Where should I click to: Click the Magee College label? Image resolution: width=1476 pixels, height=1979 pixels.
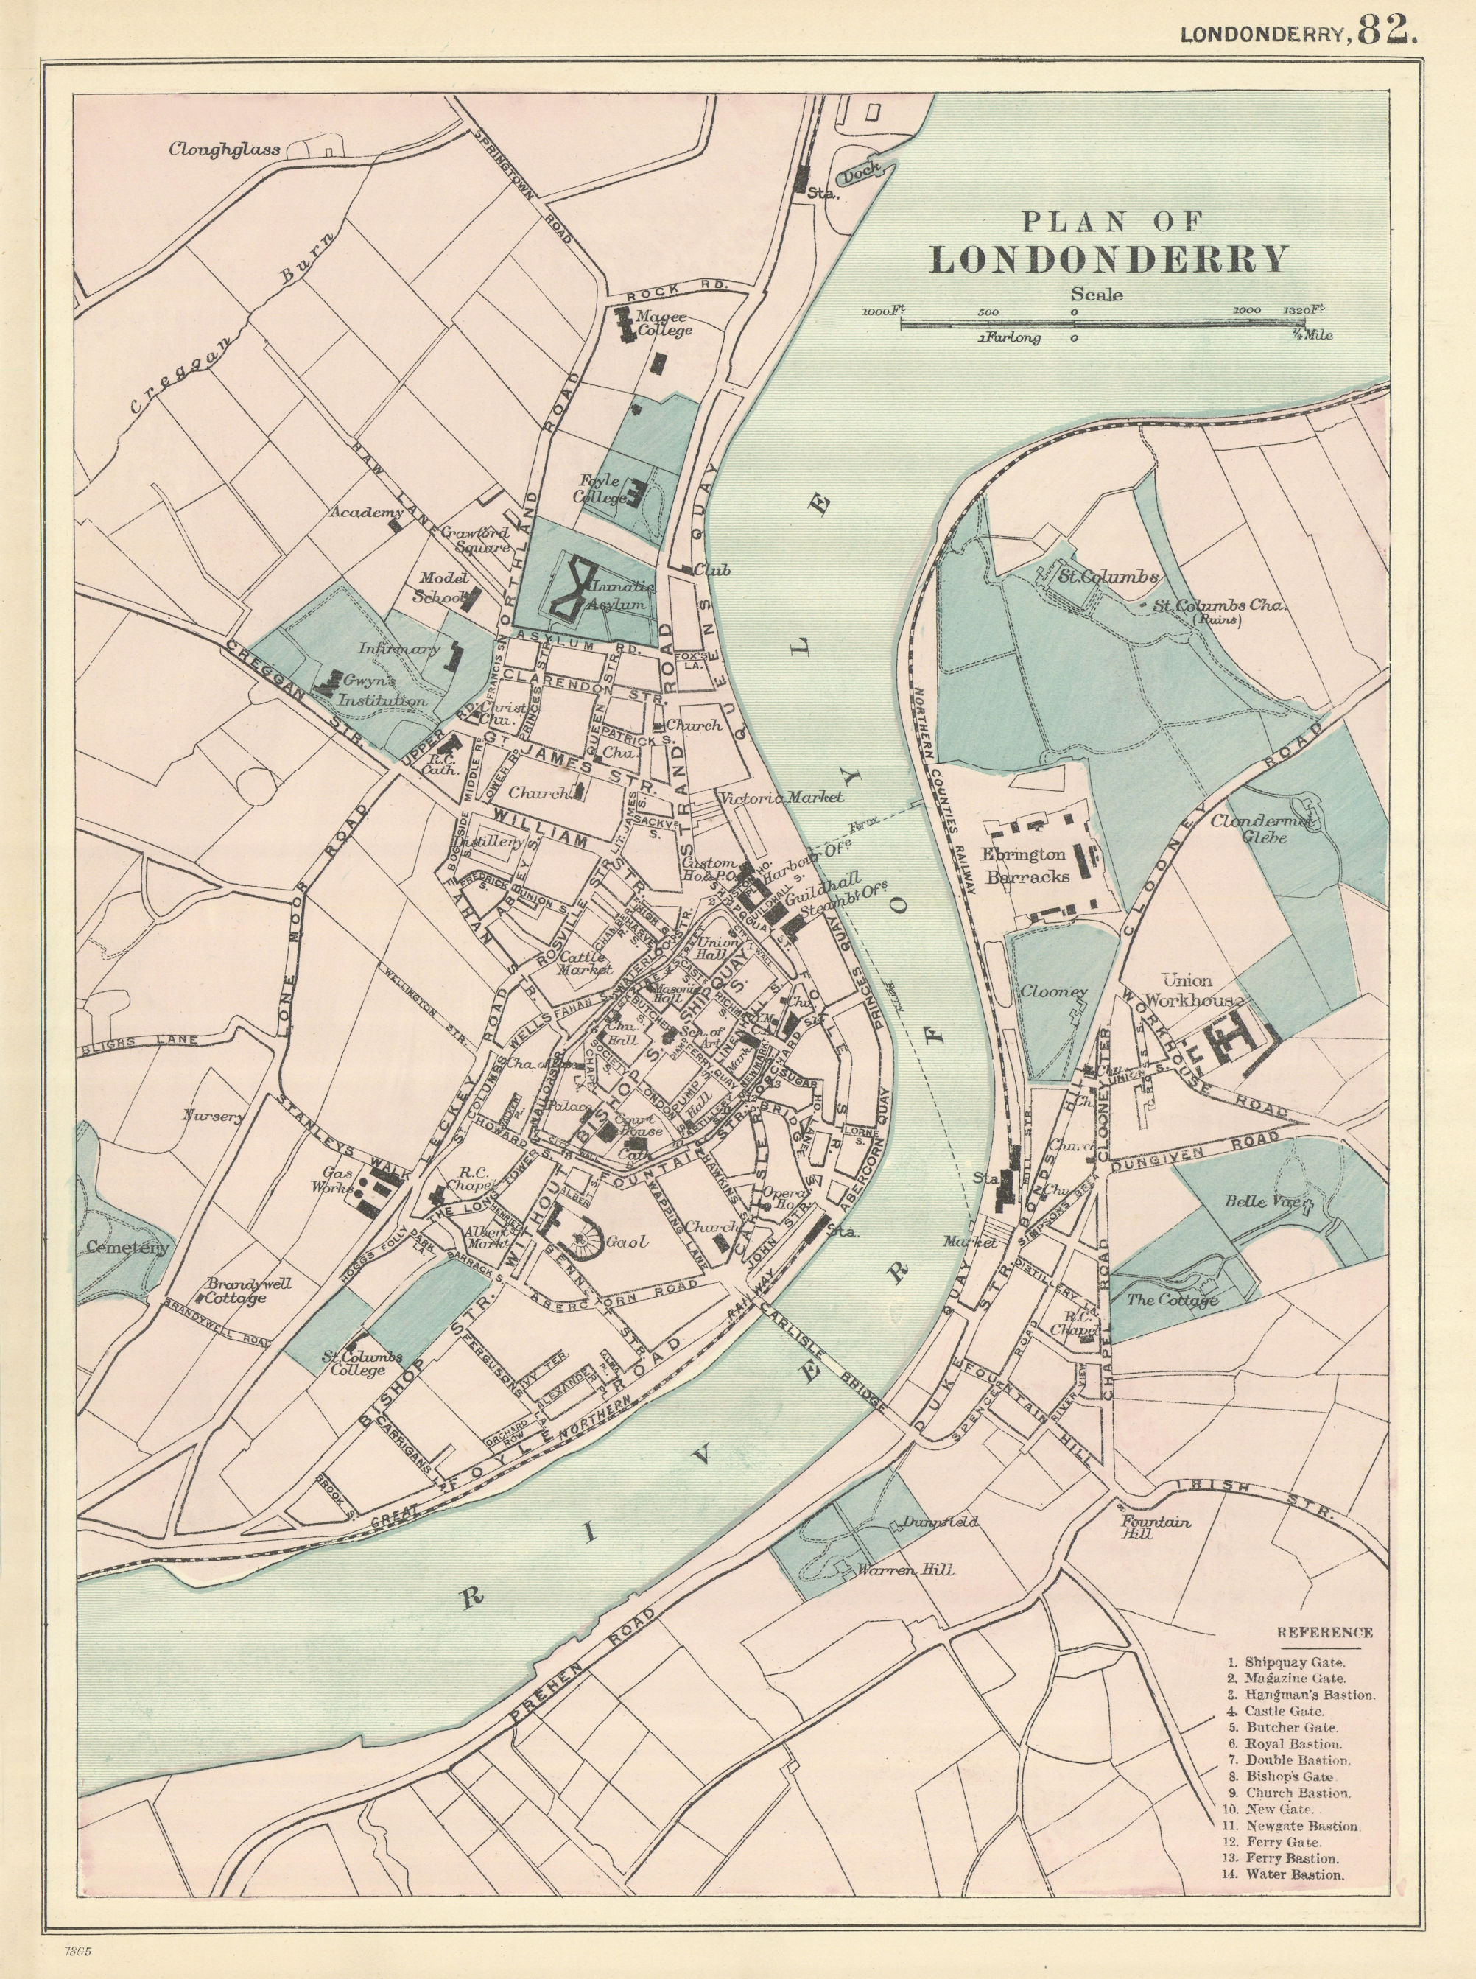point(663,323)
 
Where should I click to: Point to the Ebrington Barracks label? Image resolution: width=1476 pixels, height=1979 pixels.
point(1027,865)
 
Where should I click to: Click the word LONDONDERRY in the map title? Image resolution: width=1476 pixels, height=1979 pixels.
point(1108,259)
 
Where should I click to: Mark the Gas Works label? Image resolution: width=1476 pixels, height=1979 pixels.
point(327,1180)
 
